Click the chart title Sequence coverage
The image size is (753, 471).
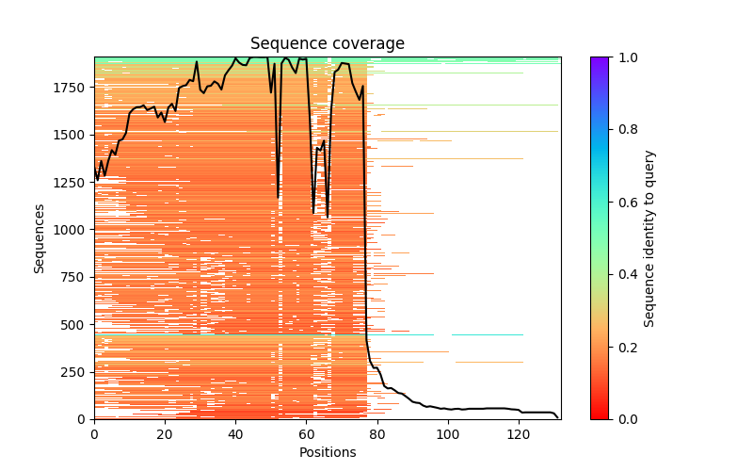(328, 44)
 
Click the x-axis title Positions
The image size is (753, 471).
(328, 452)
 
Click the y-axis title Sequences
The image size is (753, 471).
(40, 237)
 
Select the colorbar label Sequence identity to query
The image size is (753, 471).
(649, 237)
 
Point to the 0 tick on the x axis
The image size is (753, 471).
(94, 433)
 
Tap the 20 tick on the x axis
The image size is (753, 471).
(165, 433)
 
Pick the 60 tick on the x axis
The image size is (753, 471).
(306, 433)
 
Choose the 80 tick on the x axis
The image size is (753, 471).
(376, 433)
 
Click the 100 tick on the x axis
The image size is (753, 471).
(448, 433)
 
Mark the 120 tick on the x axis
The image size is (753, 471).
(519, 433)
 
